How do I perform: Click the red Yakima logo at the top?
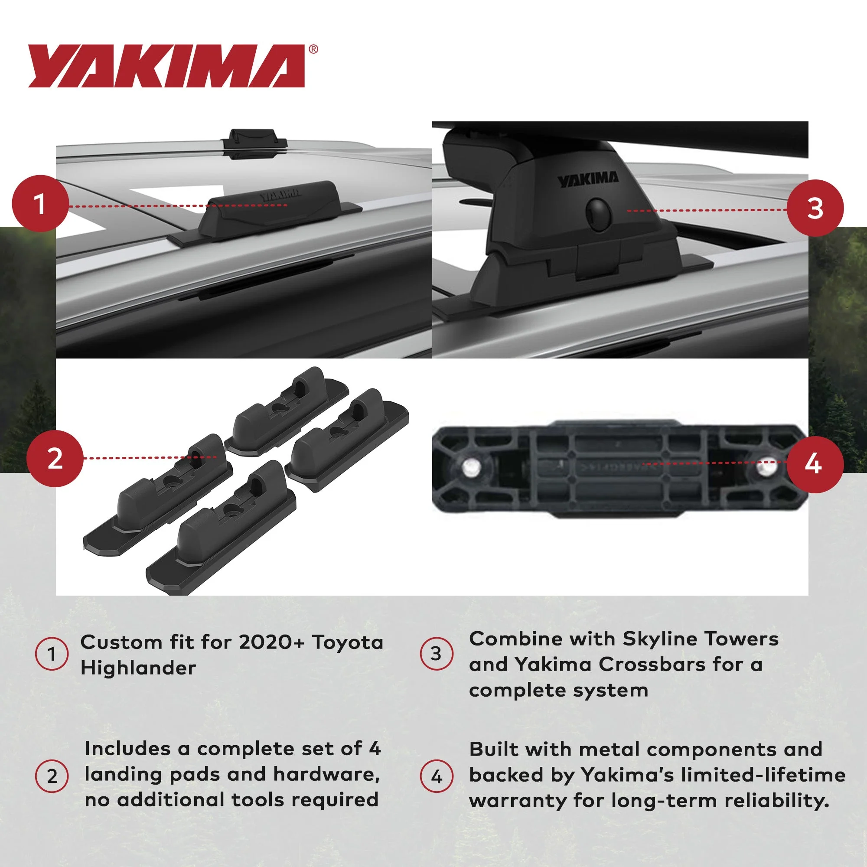click(166, 65)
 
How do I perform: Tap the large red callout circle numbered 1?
click(40, 203)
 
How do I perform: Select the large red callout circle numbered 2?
click(55, 458)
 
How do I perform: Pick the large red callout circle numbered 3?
click(815, 208)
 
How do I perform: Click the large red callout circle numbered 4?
click(815, 464)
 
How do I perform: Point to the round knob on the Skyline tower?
click(599, 215)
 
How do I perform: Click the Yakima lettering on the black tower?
click(588, 180)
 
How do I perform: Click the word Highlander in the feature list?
click(138, 668)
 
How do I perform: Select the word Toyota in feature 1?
click(348, 642)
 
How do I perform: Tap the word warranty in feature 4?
click(518, 802)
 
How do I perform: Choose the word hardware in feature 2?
click(327, 775)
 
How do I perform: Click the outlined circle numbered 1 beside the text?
click(52, 654)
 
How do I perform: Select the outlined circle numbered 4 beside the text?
click(437, 776)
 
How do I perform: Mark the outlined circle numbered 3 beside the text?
click(437, 654)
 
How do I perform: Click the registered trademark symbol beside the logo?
click(314, 49)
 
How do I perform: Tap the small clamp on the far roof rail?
click(254, 143)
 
